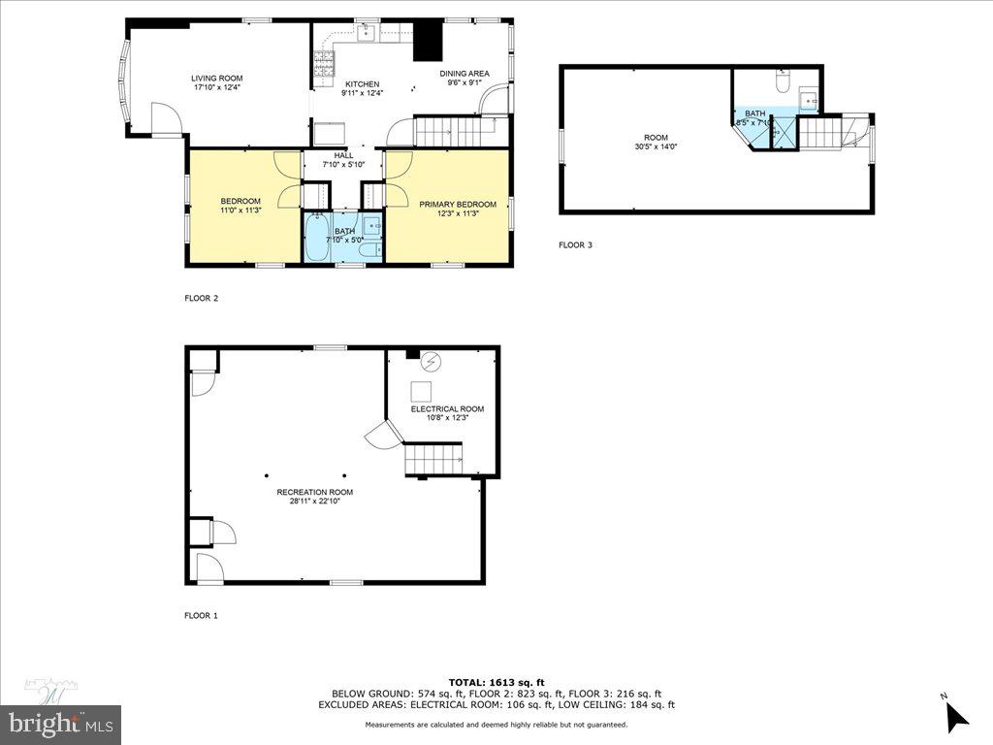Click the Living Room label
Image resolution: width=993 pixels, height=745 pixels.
point(216,79)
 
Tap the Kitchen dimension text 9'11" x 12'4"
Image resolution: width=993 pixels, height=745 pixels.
point(362,93)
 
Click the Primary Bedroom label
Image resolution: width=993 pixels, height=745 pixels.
point(457,205)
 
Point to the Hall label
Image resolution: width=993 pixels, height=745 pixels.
point(344,155)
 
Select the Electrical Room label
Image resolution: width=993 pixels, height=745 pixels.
point(447,409)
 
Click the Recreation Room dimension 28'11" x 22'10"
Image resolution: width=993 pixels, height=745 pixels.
point(307,502)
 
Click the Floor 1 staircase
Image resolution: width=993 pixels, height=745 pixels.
point(432,457)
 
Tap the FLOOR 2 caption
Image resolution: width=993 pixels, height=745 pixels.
point(201,299)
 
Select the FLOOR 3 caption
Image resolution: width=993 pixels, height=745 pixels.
point(575,245)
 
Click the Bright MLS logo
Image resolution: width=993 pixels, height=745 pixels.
point(60,723)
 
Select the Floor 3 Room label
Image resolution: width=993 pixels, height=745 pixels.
point(656,138)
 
